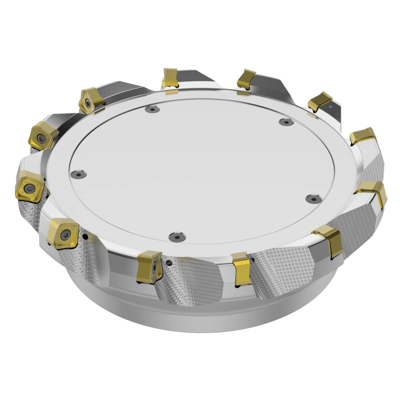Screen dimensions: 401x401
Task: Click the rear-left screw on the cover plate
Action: click(152, 109)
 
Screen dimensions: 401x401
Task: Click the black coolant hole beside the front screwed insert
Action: click(169, 263)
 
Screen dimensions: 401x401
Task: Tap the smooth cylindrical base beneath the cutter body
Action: click(200, 313)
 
